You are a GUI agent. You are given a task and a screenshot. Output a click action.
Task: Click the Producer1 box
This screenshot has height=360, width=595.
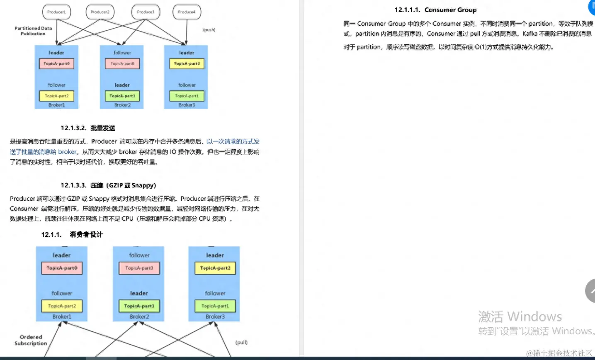pos(56,12)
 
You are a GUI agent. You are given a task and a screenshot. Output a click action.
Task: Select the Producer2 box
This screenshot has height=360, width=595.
pos(100,12)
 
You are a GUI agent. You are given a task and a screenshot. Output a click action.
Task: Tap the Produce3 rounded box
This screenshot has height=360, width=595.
pos(146,12)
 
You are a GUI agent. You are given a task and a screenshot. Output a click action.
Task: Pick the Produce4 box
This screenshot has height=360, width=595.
pos(187,12)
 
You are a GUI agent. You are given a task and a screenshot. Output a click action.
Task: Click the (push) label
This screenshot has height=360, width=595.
pos(209,30)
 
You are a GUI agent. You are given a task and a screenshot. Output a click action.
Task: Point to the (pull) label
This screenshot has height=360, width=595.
pos(241,343)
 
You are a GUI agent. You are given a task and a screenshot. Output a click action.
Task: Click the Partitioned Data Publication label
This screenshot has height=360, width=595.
pos(33,31)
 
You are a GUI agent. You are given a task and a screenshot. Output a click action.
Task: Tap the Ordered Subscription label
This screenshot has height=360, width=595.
pos(31,340)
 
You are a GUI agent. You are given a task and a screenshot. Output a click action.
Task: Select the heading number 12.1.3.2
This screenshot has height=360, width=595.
pos(73,128)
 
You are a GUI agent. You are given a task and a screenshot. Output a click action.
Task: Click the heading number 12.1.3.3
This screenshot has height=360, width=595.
pos(73,185)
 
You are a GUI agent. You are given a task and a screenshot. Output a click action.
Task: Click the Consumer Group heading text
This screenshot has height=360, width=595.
pos(450,10)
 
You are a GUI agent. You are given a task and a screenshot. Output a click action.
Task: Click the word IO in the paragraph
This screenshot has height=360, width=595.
pos(173,152)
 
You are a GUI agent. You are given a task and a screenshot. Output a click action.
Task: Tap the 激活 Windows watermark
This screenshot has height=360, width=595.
pos(520,317)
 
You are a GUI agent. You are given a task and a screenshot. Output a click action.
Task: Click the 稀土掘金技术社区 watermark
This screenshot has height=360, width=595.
pos(560,353)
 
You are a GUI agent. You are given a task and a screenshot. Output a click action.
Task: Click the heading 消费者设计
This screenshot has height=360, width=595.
pos(86,235)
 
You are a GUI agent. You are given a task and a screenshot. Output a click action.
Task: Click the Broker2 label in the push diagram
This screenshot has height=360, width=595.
pos(122,105)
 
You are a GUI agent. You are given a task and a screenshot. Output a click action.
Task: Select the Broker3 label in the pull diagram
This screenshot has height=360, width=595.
pos(215,317)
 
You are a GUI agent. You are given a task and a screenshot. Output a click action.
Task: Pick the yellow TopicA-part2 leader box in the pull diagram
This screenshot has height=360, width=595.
pos(215,268)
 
